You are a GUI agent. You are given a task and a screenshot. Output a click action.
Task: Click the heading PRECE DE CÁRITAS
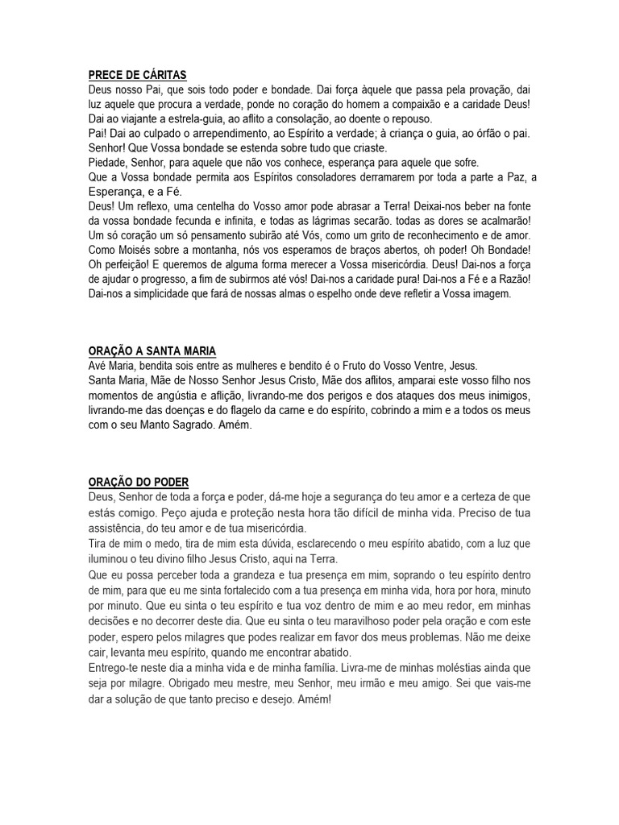click(137, 75)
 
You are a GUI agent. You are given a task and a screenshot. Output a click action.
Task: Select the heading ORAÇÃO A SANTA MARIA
click(152, 351)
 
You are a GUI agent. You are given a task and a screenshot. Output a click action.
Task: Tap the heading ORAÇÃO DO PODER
click(138, 482)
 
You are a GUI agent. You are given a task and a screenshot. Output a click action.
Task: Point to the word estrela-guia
click(189, 118)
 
